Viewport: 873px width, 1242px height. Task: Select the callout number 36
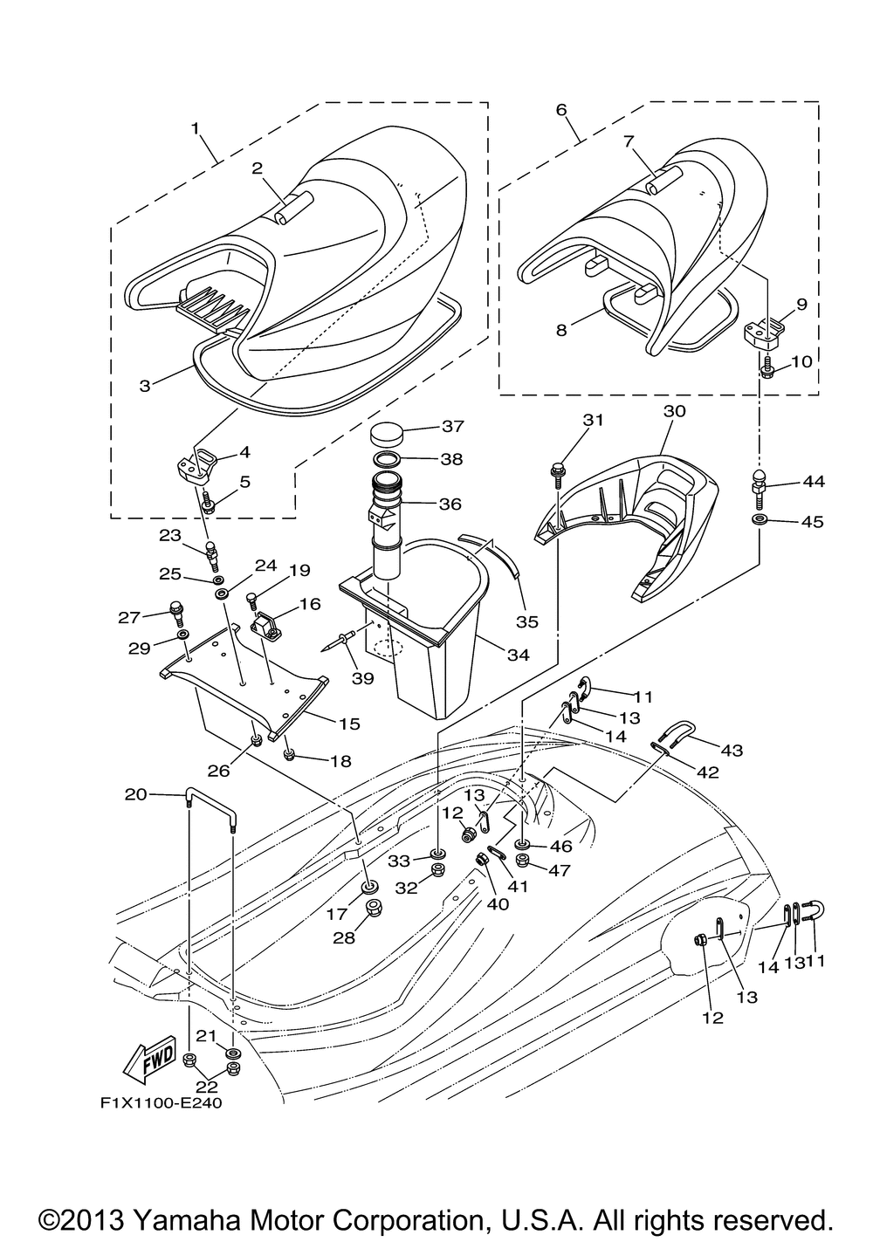coord(450,504)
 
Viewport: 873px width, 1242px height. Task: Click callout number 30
coord(675,411)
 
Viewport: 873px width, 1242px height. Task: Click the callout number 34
coord(518,655)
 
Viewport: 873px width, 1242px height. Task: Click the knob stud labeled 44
coord(759,485)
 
